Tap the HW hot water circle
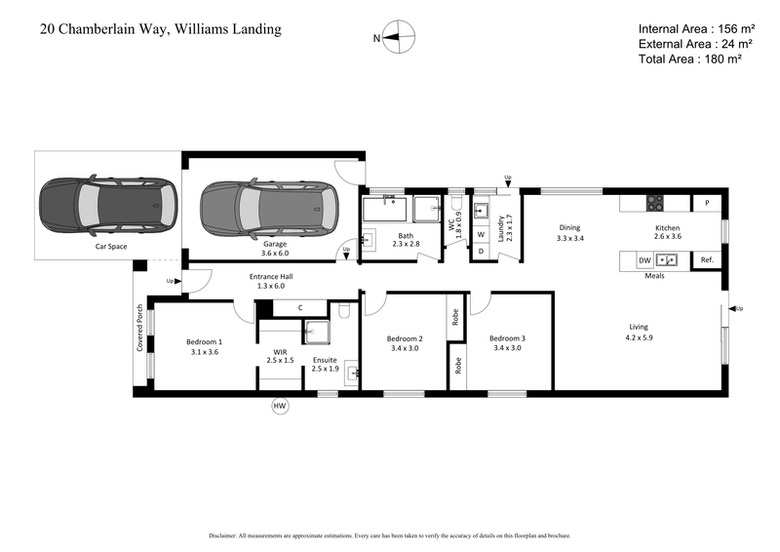[x=281, y=406]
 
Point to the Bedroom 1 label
[x=205, y=342]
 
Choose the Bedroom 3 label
[x=509, y=336]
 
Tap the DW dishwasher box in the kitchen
[x=644, y=260]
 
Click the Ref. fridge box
[x=706, y=260]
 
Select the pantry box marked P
[x=706, y=203]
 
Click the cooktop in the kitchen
[x=656, y=203]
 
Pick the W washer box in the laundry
[x=481, y=235]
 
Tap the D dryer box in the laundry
[x=481, y=252]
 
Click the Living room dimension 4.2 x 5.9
[x=639, y=337]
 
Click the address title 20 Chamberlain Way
[x=161, y=29]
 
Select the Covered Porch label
[x=139, y=328]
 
